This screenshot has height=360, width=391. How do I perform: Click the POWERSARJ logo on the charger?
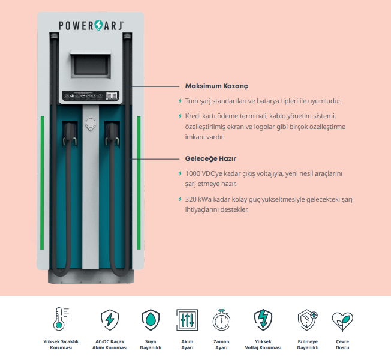click(91, 25)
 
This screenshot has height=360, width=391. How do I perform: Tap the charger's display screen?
click(91, 64)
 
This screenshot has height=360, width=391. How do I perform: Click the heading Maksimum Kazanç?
click(216, 86)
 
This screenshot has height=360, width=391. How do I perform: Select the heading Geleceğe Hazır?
click(210, 158)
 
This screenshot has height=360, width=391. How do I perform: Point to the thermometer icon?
click(61, 319)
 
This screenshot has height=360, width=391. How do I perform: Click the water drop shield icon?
click(151, 320)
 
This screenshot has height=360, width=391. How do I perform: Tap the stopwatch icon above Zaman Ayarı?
click(221, 320)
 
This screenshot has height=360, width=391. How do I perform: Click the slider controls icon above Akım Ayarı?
click(187, 320)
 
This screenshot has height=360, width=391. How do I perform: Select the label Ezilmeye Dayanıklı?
click(308, 344)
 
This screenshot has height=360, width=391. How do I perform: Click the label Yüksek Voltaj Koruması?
click(263, 344)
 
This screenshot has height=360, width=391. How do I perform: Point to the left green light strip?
click(42, 182)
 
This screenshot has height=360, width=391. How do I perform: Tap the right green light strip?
click(139, 182)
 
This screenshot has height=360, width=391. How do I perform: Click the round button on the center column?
click(91, 123)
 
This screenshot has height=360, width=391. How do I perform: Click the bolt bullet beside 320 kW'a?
click(180, 199)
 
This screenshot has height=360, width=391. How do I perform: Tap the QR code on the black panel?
click(112, 95)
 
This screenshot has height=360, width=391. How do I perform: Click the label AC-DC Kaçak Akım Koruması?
click(110, 344)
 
